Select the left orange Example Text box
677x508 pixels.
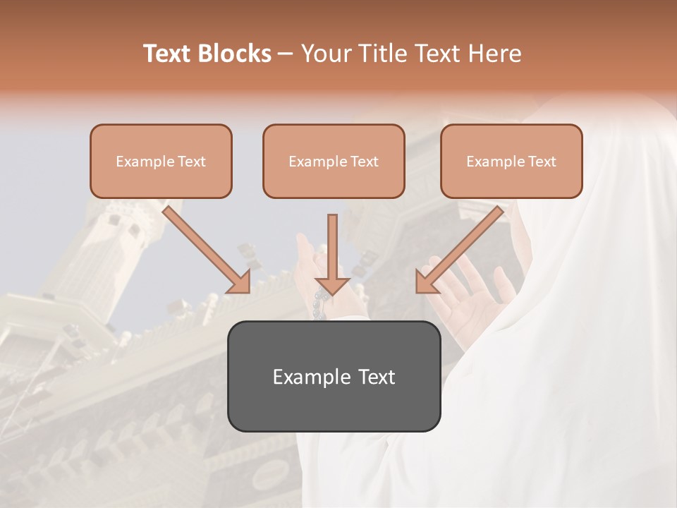click(161, 161)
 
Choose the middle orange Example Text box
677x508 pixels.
click(334, 161)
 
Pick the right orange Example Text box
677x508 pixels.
click(511, 161)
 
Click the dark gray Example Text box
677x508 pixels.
click(334, 376)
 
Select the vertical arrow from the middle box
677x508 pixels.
click(332, 250)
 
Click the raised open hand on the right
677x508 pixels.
click(472, 296)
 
